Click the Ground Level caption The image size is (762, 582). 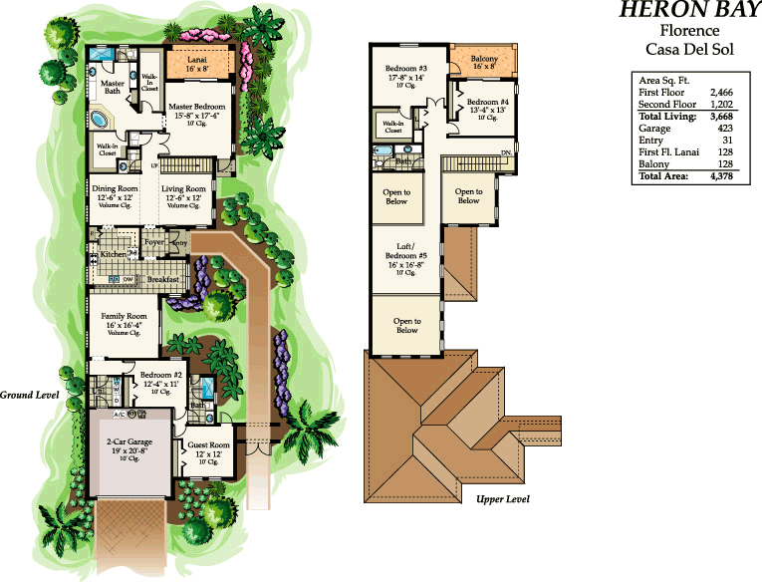30,395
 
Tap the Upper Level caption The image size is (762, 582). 502,498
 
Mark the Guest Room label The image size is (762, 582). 208,444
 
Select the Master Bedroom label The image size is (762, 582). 195,106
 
